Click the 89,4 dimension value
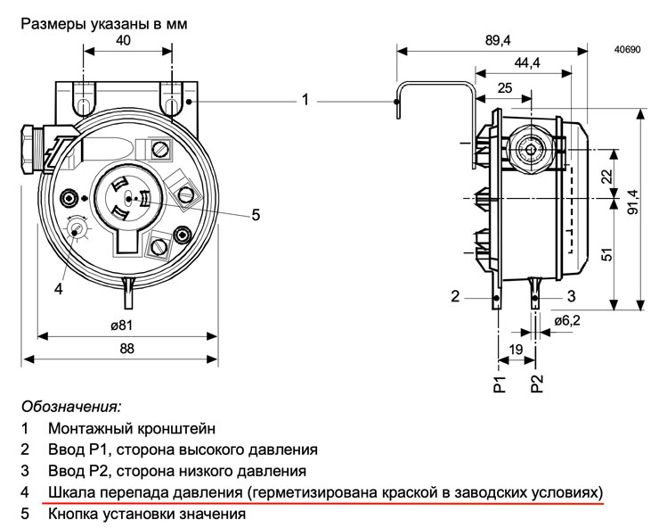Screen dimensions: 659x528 click(498, 40)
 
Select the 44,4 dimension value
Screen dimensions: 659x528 click(527, 63)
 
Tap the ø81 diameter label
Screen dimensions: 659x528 click(122, 325)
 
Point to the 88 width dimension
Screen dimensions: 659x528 click(127, 348)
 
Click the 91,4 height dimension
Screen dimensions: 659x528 click(633, 202)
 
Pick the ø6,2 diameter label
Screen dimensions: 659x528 click(567, 321)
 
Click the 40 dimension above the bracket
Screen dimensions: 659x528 click(123, 40)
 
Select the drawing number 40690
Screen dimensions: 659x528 click(628, 50)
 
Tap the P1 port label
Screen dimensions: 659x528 click(500, 384)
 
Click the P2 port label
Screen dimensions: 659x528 click(537, 384)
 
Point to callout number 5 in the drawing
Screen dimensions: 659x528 click(256, 215)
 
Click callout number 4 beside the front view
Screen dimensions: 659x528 click(59, 289)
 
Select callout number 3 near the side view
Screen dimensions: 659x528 click(571, 296)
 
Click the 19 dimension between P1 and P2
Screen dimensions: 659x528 click(516, 349)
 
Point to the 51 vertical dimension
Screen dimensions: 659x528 click(607, 254)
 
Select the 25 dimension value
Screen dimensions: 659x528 click(505, 88)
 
